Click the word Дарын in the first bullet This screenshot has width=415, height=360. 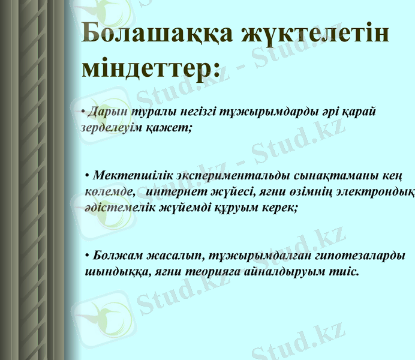[103, 112]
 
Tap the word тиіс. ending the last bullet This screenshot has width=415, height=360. [348, 271]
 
